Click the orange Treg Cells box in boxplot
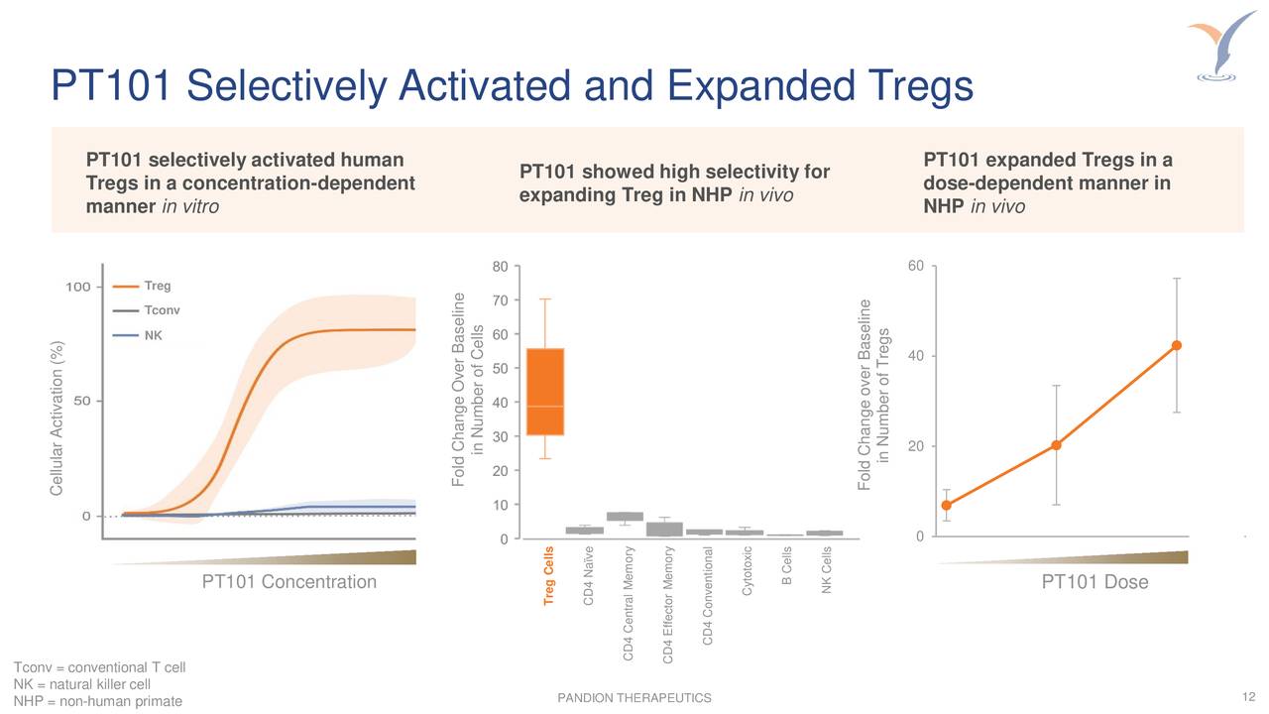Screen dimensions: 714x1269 click(544, 392)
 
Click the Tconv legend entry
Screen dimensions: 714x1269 click(162, 310)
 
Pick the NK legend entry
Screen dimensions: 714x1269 click(153, 335)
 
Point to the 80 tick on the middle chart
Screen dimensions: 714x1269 click(501, 266)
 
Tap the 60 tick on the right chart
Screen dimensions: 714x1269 click(915, 266)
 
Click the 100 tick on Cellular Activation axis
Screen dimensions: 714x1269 click(79, 288)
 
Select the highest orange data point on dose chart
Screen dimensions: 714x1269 click(1176, 345)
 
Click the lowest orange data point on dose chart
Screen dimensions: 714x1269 click(946, 505)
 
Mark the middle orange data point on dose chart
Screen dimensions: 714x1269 click(1057, 444)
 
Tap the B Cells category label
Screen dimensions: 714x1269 click(786, 567)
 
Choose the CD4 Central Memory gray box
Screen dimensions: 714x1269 click(625, 516)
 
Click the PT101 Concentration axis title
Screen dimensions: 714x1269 click(288, 582)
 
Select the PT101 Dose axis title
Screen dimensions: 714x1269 click(1095, 582)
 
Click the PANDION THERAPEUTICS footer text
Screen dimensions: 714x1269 click(634, 699)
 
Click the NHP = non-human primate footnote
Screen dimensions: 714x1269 click(98, 702)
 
